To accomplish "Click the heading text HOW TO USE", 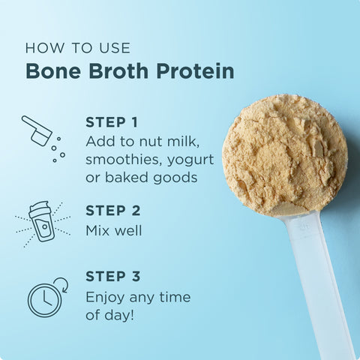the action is tap(78, 48).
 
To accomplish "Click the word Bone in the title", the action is tap(53, 71).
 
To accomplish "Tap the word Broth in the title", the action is tap(118, 70).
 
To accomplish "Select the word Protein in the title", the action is tap(195, 70).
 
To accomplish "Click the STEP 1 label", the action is tap(112, 122).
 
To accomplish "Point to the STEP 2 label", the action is tap(113, 211).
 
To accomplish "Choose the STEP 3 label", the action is tap(113, 277).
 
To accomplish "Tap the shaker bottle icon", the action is tap(42, 221).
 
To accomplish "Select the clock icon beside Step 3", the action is tap(44, 299).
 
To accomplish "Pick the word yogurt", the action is tap(190, 160).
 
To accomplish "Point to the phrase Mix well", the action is tap(114, 230).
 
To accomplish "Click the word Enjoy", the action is tap(105, 298).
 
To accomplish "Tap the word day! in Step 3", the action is tap(119, 314).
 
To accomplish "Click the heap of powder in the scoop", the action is tap(284, 154).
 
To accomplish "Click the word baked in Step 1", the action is tap(126, 177).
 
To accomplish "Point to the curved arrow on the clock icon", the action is tap(63, 284).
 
